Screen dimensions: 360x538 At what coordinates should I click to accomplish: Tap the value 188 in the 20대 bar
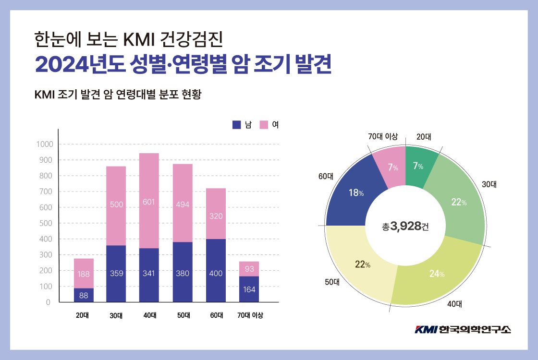point(84,274)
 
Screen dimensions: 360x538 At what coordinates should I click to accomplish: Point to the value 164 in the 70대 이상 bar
point(249,289)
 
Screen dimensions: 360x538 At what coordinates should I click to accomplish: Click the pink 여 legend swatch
point(264,125)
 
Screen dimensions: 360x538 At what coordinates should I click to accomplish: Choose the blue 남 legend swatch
point(236,125)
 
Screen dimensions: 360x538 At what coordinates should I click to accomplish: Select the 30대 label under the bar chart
point(116,315)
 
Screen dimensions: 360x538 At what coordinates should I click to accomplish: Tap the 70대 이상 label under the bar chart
point(250,315)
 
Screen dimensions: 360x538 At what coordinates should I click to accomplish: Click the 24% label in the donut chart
point(436,274)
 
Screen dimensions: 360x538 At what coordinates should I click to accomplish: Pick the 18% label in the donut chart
point(355,192)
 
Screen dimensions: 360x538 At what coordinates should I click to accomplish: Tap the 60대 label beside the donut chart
point(326,176)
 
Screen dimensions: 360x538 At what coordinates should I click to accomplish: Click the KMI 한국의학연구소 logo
point(463,329)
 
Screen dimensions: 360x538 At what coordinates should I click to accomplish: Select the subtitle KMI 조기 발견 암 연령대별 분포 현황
point(118,94)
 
